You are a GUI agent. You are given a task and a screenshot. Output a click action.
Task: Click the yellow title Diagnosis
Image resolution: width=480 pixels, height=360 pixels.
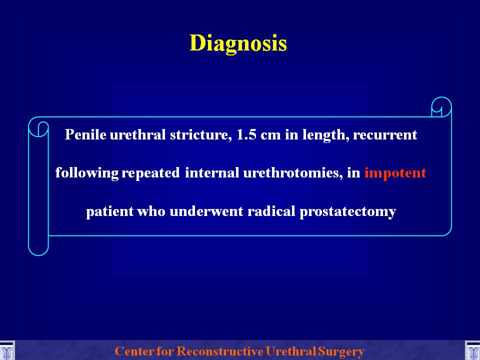pos(238,43)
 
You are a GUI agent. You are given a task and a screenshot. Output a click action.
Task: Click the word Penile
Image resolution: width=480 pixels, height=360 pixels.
pos(85,134)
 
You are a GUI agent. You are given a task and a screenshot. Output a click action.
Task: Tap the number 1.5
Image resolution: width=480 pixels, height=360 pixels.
pos(246,134)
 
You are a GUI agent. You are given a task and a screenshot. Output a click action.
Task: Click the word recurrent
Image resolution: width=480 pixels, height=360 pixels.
pos(385,135)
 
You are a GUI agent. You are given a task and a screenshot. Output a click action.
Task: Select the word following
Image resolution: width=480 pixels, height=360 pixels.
pos(87,173)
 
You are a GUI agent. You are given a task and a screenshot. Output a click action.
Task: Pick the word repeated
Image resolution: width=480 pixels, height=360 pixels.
pos(150,173)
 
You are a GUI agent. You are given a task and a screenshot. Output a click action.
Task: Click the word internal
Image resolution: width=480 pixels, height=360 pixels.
pos(212,172)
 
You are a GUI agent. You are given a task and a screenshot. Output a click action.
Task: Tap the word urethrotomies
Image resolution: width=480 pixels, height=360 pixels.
pos(292,173)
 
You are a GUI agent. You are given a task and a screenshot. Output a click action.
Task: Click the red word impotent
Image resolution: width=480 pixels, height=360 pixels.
pos(395,173)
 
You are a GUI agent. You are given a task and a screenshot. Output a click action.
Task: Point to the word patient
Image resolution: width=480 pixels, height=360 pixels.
pos(110,211)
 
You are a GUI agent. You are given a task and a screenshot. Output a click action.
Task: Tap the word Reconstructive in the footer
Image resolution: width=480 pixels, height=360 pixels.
pos(220,351)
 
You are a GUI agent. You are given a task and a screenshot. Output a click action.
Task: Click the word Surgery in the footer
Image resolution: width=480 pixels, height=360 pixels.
pos(340,351)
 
